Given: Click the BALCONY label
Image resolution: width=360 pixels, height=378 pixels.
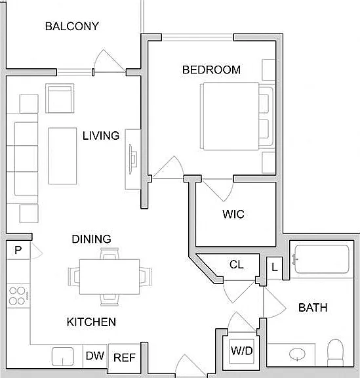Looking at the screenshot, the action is click(72, 26).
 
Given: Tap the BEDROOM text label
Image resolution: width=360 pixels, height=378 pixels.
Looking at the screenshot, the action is click(211, 70).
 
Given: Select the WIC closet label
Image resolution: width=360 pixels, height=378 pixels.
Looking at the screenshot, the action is click(233, 214).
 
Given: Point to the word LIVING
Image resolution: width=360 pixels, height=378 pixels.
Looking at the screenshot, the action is click(101, 136).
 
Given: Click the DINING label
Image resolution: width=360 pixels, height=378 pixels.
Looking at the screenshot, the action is click(92, 239).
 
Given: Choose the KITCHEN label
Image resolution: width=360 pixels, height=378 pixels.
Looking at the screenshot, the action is click(91, 322).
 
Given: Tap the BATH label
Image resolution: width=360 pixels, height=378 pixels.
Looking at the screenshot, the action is click(313, 308).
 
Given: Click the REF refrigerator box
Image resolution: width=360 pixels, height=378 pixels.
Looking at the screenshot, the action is click(125, 356).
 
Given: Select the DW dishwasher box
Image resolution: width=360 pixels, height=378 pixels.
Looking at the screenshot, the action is click(95, 356).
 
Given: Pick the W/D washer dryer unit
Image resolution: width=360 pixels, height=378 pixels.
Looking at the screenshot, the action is click(242, 351).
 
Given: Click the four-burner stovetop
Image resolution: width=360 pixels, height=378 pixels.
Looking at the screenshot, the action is click(18, 296).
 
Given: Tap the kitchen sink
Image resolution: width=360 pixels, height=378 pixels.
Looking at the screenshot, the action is click(63, 356).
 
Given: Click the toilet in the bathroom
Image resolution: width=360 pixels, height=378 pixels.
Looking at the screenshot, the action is click(335, 352).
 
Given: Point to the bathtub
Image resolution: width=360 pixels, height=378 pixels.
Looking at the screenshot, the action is click(322, 259).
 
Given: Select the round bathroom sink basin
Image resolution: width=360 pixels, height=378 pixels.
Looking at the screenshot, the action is click(297, 354).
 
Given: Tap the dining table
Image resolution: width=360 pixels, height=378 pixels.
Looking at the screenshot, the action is click(110, 276).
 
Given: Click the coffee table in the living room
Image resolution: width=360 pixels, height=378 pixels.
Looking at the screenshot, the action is click(63, 156).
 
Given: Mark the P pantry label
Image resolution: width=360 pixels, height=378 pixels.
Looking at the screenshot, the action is click(18, 250).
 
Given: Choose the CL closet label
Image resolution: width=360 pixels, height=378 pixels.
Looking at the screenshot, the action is click(236, 264).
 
